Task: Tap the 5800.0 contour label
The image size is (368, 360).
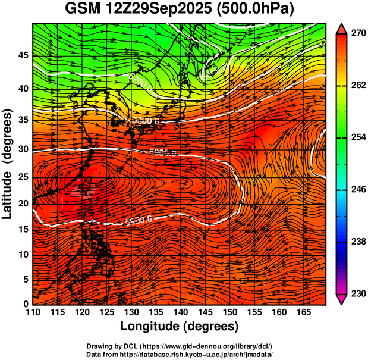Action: pos(146,121)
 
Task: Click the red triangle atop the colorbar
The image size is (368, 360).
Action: pos(341,28)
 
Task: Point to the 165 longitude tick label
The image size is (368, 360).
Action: pos(303,312)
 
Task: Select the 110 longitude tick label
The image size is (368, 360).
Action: pos(33,312)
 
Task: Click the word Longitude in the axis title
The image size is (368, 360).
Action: pos(150,326)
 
